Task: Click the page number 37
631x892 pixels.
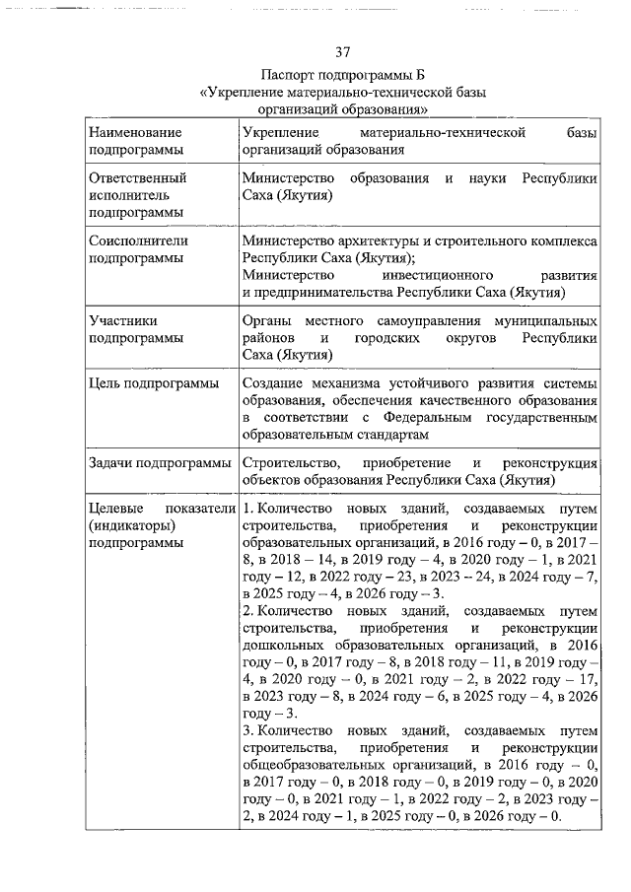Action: (342, 52)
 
